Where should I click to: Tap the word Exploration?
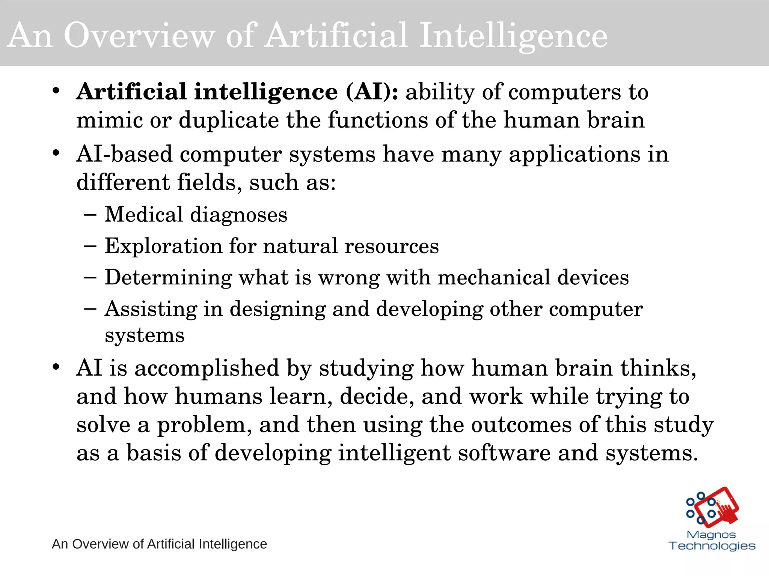coord(163,246)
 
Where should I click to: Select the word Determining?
coord(168,278)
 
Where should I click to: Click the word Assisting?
coord(151,309)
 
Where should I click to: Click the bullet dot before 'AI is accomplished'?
coord(56,367)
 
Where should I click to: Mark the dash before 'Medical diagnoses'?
coord(90,215)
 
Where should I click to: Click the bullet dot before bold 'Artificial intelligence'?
coord(56,91)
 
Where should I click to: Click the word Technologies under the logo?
coord(712,546)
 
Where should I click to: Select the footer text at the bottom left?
coord(159,544)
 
